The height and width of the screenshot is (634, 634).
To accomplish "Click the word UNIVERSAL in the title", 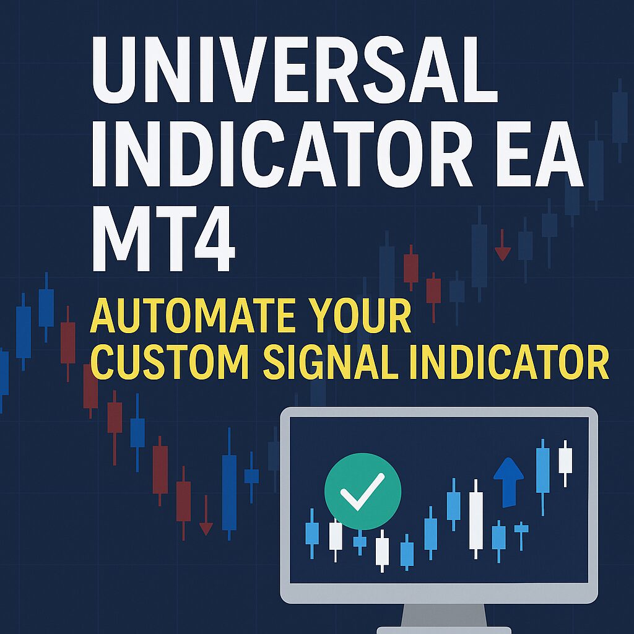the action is click(294, 69).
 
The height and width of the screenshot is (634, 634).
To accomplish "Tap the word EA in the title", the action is click(540, 154).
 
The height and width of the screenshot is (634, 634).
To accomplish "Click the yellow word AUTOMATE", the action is click(193, 316).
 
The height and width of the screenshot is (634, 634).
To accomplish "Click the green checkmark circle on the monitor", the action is click(363, 491).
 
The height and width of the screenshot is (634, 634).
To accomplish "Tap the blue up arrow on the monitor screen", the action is click(509, 482).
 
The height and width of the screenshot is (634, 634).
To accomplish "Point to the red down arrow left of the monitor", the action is click(206, 516).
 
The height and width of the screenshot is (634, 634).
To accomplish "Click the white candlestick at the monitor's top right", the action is click(565, 463).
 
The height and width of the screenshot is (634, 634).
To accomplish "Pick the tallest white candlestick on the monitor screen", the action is click(476, 519).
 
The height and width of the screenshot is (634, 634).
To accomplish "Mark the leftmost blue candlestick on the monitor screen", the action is click(312, 533).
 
